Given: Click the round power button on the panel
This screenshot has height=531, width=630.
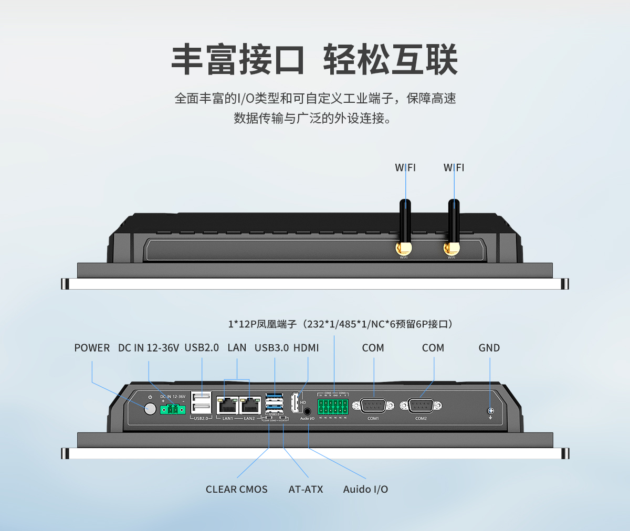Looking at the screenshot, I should tap(150, 409).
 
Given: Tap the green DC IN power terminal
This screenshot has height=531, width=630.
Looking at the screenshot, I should tap(173, 409).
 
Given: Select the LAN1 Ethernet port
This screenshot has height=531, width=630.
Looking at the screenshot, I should tap(227, 406).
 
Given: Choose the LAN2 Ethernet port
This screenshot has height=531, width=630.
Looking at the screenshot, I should tap(250, 406).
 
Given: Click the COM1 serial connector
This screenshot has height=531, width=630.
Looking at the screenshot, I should tap(373, 406).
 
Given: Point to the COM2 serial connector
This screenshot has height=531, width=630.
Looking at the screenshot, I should tap(421, 406).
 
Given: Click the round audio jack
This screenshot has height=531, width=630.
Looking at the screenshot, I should tap(308, 412).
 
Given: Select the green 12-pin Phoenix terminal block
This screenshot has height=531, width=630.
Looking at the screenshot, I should tap(333, 406).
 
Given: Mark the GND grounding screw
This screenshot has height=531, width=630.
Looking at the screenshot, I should tap(490, 411).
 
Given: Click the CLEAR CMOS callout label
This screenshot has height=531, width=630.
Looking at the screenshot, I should tap(236, 490).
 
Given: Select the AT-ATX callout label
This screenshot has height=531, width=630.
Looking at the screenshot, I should tap(306, 490).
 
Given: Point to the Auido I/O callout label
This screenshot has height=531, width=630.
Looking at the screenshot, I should tap(365, 490).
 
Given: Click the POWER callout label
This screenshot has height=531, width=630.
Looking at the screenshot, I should tap(92, 348).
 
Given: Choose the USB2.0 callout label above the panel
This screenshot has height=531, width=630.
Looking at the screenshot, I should tap(202, 348).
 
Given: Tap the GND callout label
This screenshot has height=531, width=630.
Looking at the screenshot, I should tap(489, 348).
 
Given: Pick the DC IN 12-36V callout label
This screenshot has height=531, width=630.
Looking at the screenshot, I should tap(149, 348).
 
